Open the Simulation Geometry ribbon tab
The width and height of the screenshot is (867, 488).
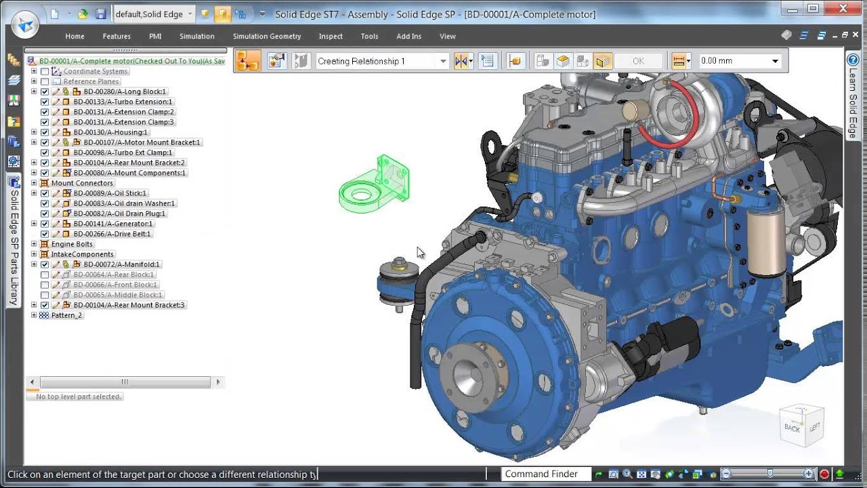point(266,36)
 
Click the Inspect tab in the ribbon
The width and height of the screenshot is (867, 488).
point(331,36)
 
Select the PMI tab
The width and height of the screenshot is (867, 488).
point(155,36)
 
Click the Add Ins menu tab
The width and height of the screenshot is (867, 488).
point(408,36)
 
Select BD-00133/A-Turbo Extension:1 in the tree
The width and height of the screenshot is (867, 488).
point(123,102)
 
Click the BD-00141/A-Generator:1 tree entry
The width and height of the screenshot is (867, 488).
point(113,224)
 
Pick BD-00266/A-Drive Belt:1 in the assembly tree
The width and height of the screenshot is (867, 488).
point(112,234)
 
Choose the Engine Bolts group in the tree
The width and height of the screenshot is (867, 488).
point(72,244)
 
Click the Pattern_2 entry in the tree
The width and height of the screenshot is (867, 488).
point(66,315)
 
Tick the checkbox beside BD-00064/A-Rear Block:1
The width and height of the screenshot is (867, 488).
point(45,274)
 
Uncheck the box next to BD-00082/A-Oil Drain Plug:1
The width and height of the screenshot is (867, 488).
point(45,213)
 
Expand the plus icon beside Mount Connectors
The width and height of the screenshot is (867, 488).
point(34,183)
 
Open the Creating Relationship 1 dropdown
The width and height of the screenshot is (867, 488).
point(443,61)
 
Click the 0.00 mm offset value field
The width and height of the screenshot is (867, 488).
point(732,61)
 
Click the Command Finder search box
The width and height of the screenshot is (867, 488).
point(542,474)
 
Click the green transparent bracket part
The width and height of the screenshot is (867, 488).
point(376,186)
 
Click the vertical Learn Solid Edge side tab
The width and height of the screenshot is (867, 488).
point(853,102)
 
